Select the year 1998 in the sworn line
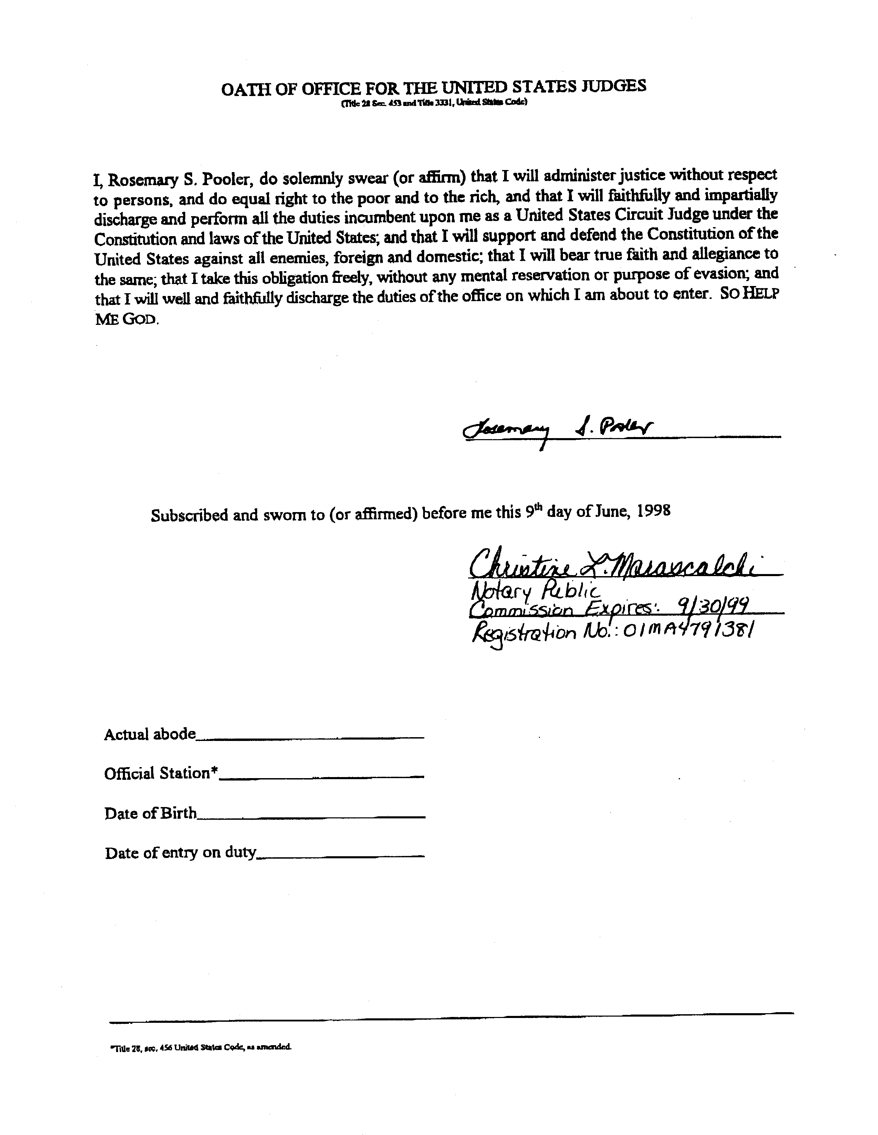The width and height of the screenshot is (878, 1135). click(x=654, y=511)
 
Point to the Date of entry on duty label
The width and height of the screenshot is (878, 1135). click(x=180, y=853)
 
